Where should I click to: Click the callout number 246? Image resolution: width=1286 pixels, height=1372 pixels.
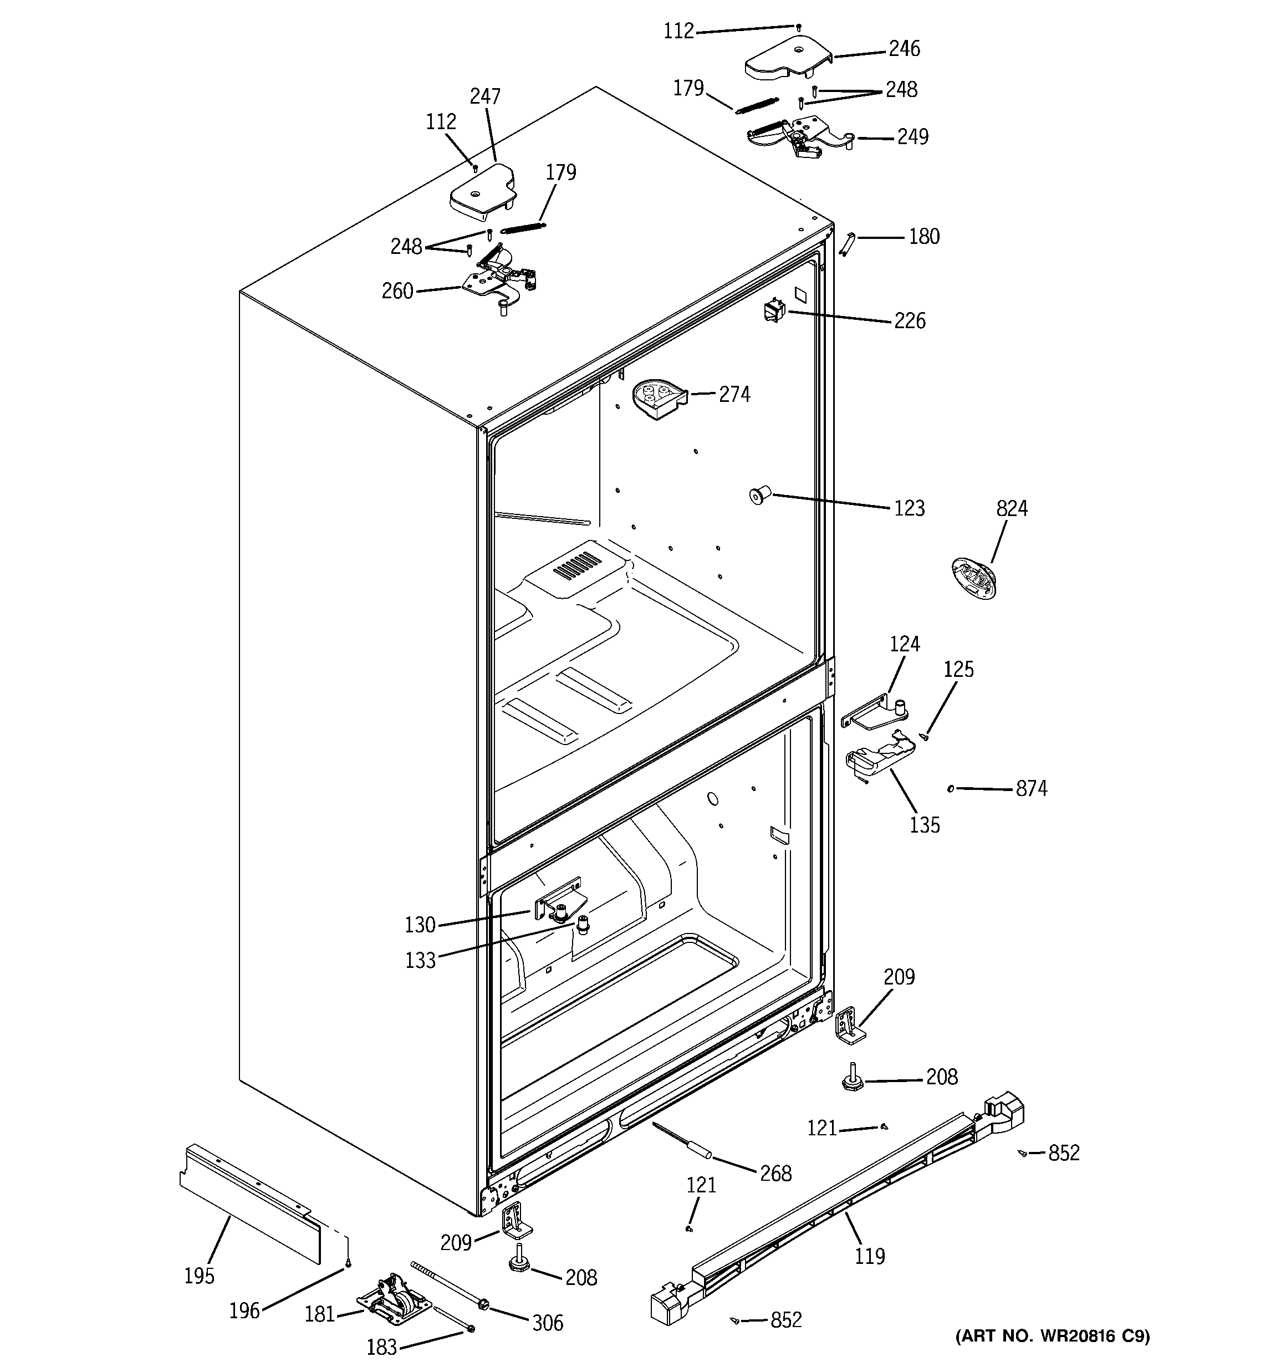point(904,49)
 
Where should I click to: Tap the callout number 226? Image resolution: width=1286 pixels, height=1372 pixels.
point(909,321)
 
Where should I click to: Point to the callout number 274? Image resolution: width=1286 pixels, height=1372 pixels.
point(734,395)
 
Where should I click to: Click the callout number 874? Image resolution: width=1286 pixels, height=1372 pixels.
point(1030,789)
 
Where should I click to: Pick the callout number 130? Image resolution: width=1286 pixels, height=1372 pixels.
point(420,925)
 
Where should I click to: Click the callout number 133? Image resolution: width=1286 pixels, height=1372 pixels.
point(420,960)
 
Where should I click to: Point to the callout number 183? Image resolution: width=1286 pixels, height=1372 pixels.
point(381,1347)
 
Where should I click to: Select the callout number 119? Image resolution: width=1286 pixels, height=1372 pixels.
point(869,1256)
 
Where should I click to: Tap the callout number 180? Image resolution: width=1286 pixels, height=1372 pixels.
point(923,237)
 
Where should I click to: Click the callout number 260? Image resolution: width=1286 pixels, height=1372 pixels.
point(397,291)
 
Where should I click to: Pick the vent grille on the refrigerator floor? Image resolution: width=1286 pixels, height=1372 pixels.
point(576,564)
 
